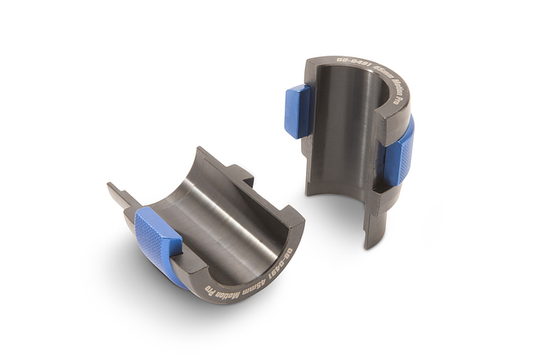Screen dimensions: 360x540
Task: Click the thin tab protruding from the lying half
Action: (x=119, y=197)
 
